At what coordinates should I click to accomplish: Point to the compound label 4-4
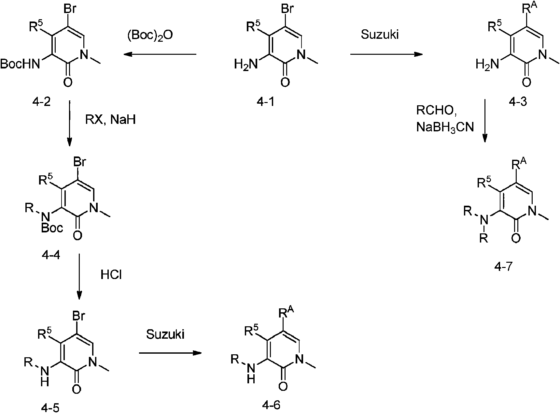point(51,255)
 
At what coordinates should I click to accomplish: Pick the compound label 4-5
point(51,406)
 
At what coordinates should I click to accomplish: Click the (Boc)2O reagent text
point(150,35)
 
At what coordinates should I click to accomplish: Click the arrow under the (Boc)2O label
point(160,54)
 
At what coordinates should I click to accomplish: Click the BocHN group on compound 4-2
point(20,64)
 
